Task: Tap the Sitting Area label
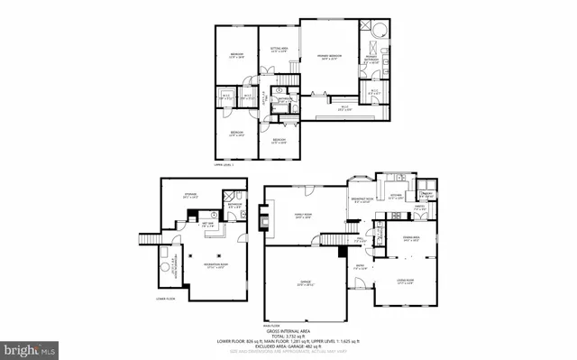point(279,51)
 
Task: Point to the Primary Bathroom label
point(371,60)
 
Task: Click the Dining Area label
point(414,239)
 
